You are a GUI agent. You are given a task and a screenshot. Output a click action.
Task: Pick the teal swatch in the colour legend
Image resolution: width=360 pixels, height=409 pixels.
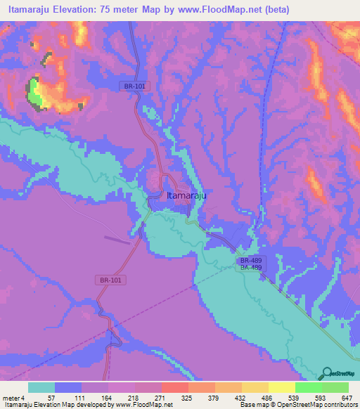pyautogui.click(x=41, y=387)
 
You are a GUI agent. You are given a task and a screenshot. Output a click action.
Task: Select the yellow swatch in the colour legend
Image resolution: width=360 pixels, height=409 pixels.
pyautogui.click(x=281, y=387)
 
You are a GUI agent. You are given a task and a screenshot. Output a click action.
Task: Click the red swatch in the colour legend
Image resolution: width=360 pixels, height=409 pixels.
pyautogui.click(x=174, y=387)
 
